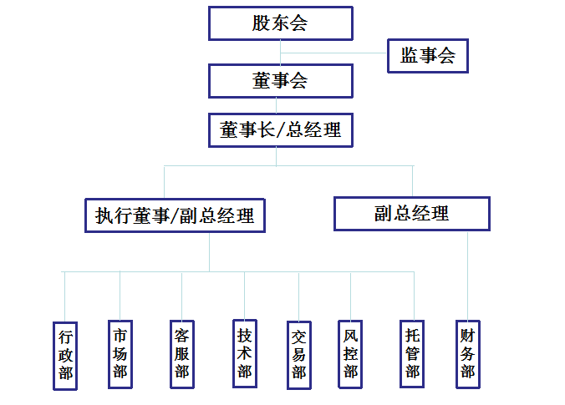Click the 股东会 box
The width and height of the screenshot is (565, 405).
point(280,23)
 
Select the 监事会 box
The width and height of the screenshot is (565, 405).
point(427,56)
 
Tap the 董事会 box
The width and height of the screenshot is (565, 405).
point(280,81)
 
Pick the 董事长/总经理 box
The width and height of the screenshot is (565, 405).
point(280,130)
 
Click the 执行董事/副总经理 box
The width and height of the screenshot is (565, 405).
point(175,215)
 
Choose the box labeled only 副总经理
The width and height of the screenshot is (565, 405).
point(411,214)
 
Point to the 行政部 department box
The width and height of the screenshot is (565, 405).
point(65,355)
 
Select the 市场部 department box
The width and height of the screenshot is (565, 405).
point(120,353)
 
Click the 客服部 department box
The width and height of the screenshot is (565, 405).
point(182,354)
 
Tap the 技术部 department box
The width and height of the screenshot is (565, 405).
point(244,353)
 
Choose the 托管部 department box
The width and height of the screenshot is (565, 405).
point(412,353)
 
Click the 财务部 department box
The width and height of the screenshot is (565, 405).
point(467,353)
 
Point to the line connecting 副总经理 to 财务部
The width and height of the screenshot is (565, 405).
point(467,276)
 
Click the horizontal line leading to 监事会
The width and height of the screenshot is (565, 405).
point(334,53)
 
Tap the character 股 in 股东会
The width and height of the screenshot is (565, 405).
point(262,23)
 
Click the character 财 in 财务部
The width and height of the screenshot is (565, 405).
point(467,337)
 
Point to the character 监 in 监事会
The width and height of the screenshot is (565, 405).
point(410,56)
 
